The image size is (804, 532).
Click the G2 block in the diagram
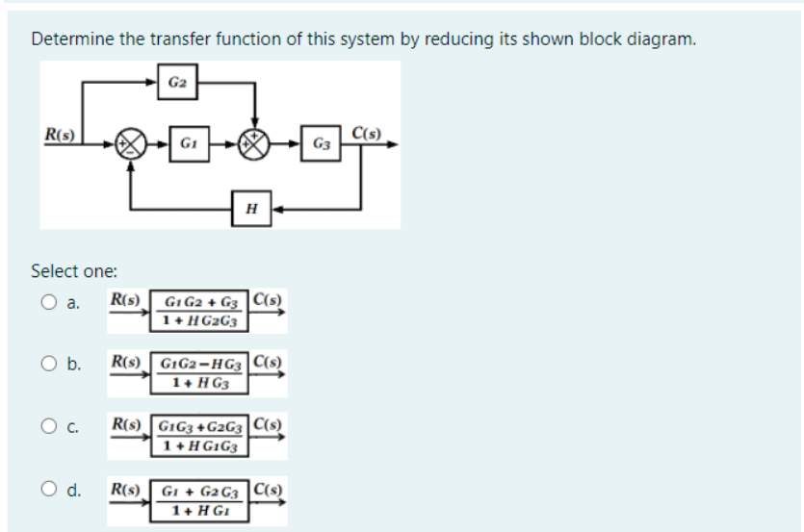pyautogui.click(x=176, y=82)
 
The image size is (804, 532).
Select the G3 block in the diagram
pyautogui.click(x=320, y=144)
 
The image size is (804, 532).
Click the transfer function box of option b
pyautogui.click(x=200, y=372)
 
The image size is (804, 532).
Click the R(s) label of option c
pyautogui.click(x=128, y=422)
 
